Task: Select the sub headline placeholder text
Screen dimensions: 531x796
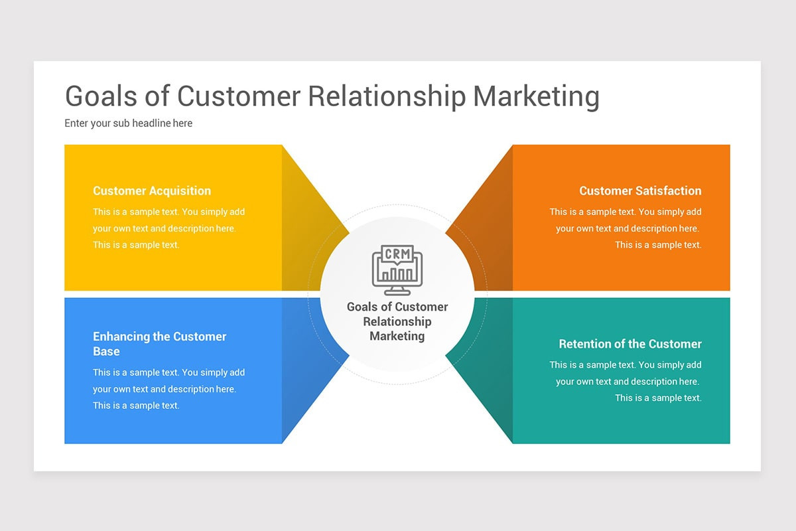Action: point(128,123)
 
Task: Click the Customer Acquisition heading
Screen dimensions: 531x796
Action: point(152,190)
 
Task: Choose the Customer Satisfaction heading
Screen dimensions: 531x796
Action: point(640,190)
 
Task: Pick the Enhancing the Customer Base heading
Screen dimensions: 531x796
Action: point(159,344)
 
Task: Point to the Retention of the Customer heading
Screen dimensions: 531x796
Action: point(630,344)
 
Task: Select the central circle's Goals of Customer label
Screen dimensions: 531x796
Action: point(397,307)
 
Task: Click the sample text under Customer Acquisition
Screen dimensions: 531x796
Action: point(169,228)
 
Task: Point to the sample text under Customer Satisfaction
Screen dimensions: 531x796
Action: point(626,228)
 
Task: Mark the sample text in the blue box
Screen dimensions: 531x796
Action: point(169,389)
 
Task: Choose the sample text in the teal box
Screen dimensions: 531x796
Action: point(626,382)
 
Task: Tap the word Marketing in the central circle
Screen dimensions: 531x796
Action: point(397,336)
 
